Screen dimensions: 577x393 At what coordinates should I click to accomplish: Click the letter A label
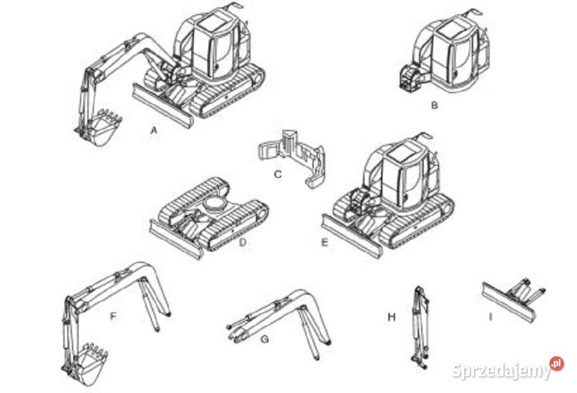tap(154, 130)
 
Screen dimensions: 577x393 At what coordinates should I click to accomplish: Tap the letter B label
tap(434, 105)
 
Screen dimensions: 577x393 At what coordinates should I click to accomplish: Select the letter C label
tap(278, 174)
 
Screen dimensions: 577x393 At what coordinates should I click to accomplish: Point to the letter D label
tap(243, 242)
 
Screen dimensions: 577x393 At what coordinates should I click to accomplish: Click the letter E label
tap(324, 242)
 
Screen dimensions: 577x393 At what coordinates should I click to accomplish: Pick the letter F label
tap(113, 316)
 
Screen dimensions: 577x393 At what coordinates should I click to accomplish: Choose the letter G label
tap(265, 338)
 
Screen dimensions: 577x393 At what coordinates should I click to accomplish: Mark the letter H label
tap(392, 316)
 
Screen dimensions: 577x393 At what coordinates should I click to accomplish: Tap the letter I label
tap(490, 316)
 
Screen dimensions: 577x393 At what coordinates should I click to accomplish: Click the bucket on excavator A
tap(104, 127)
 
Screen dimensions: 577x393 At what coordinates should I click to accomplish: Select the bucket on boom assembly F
tap(90, 364)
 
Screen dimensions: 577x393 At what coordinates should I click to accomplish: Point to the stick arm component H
tap(420, 328)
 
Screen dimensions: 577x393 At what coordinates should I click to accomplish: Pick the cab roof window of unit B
tap(450, 29)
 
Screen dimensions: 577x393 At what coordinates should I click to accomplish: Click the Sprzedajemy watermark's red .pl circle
tap(556, 364)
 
